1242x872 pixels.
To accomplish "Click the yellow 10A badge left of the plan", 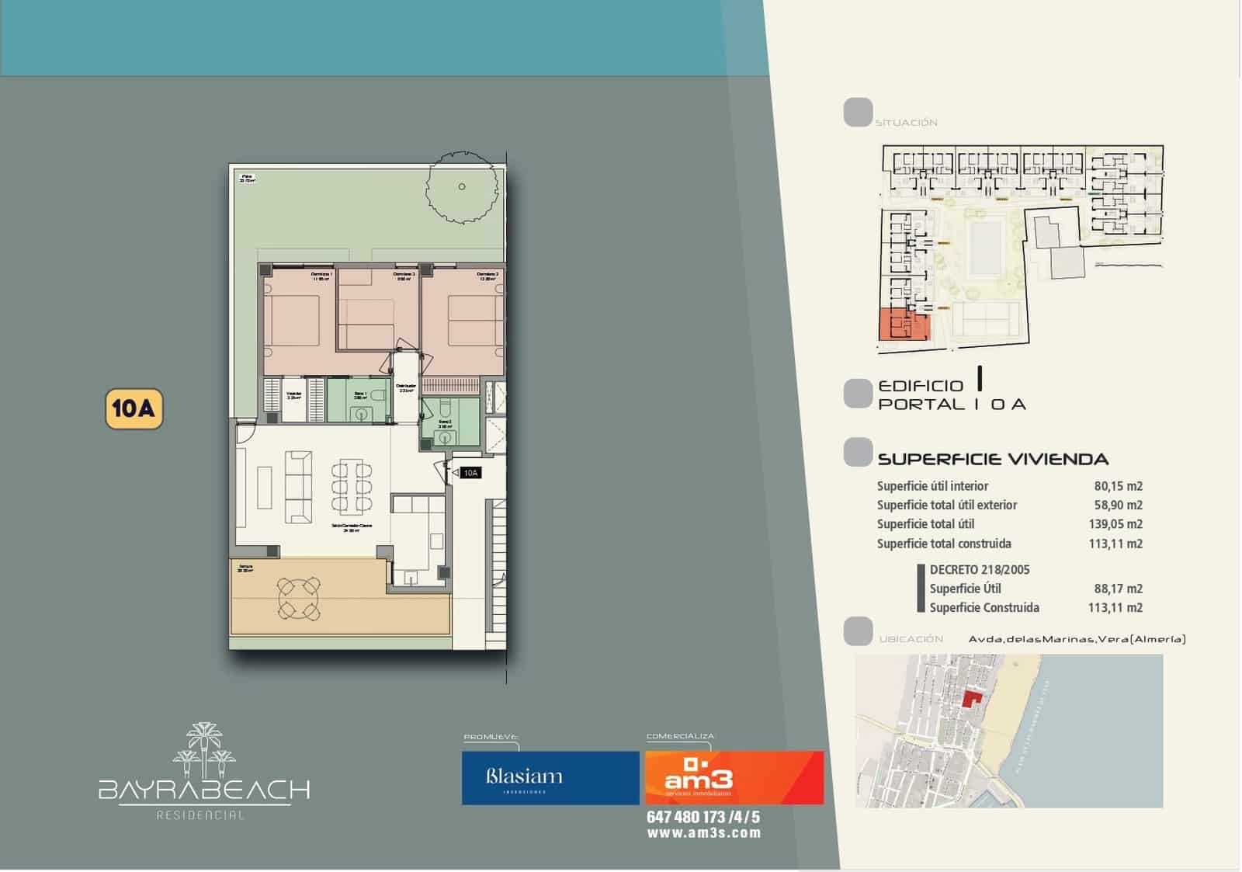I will click(x=134, y=408).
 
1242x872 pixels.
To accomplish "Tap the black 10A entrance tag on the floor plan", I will click(x=470, y=472).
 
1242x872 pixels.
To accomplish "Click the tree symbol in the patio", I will click(x=462, y=187).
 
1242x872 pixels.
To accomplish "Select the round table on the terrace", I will click(x=300, y=598).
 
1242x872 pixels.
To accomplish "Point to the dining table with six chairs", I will click(x=352, y=487).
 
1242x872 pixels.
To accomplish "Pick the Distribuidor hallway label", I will click(x=406, y=387).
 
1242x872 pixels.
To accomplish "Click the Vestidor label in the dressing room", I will click(x=294, y=394).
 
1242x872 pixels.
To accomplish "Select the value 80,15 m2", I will click(x=1118, y=486).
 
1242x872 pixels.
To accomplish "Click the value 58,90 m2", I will click(x=1118, y=505).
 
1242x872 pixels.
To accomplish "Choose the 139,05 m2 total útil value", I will click(x=1115, y=524).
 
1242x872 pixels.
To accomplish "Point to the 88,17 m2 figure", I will click(x=1118, y=589).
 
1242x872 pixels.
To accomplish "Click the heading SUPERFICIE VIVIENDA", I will click(x=993, y=459).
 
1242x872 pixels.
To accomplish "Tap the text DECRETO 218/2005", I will click(x=980, y=569).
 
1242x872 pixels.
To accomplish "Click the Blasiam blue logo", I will click(x=550, y=777).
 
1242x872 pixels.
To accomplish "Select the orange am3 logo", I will click(x=734, y=777).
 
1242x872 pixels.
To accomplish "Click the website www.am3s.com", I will click(x=703, y=833).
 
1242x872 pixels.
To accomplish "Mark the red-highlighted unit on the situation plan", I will click(x=903, y=325).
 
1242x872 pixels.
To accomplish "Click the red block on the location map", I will click(x=970, y=697).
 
